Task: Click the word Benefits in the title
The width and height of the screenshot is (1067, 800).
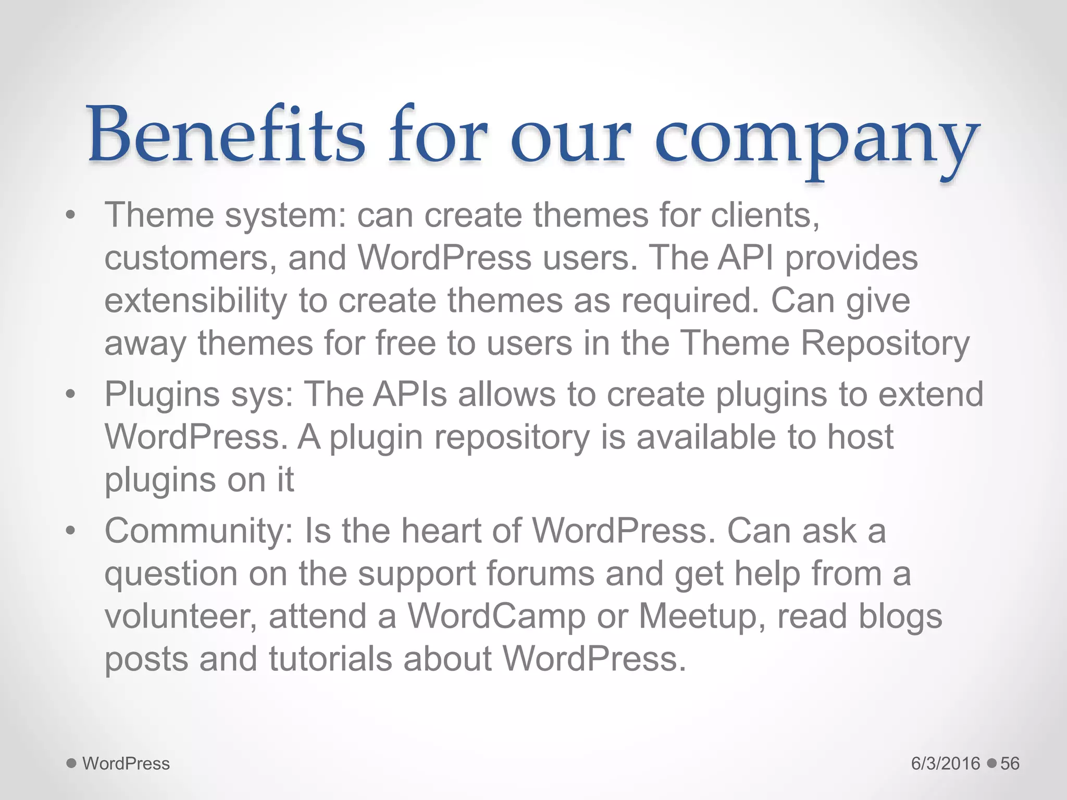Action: click(x=227, y=135)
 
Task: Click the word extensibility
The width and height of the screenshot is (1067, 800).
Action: click(x=195, y=301)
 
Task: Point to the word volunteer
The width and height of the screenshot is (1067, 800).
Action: click(x=180, y=617)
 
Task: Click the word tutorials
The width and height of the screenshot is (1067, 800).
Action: click(x=330, y=659)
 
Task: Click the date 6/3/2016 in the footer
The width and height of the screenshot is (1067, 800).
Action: click(x=945, y=764)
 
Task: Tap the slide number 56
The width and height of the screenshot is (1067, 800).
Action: click(x=1010, y=764)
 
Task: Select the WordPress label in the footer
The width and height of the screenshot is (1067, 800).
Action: click(x=126, y=764)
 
